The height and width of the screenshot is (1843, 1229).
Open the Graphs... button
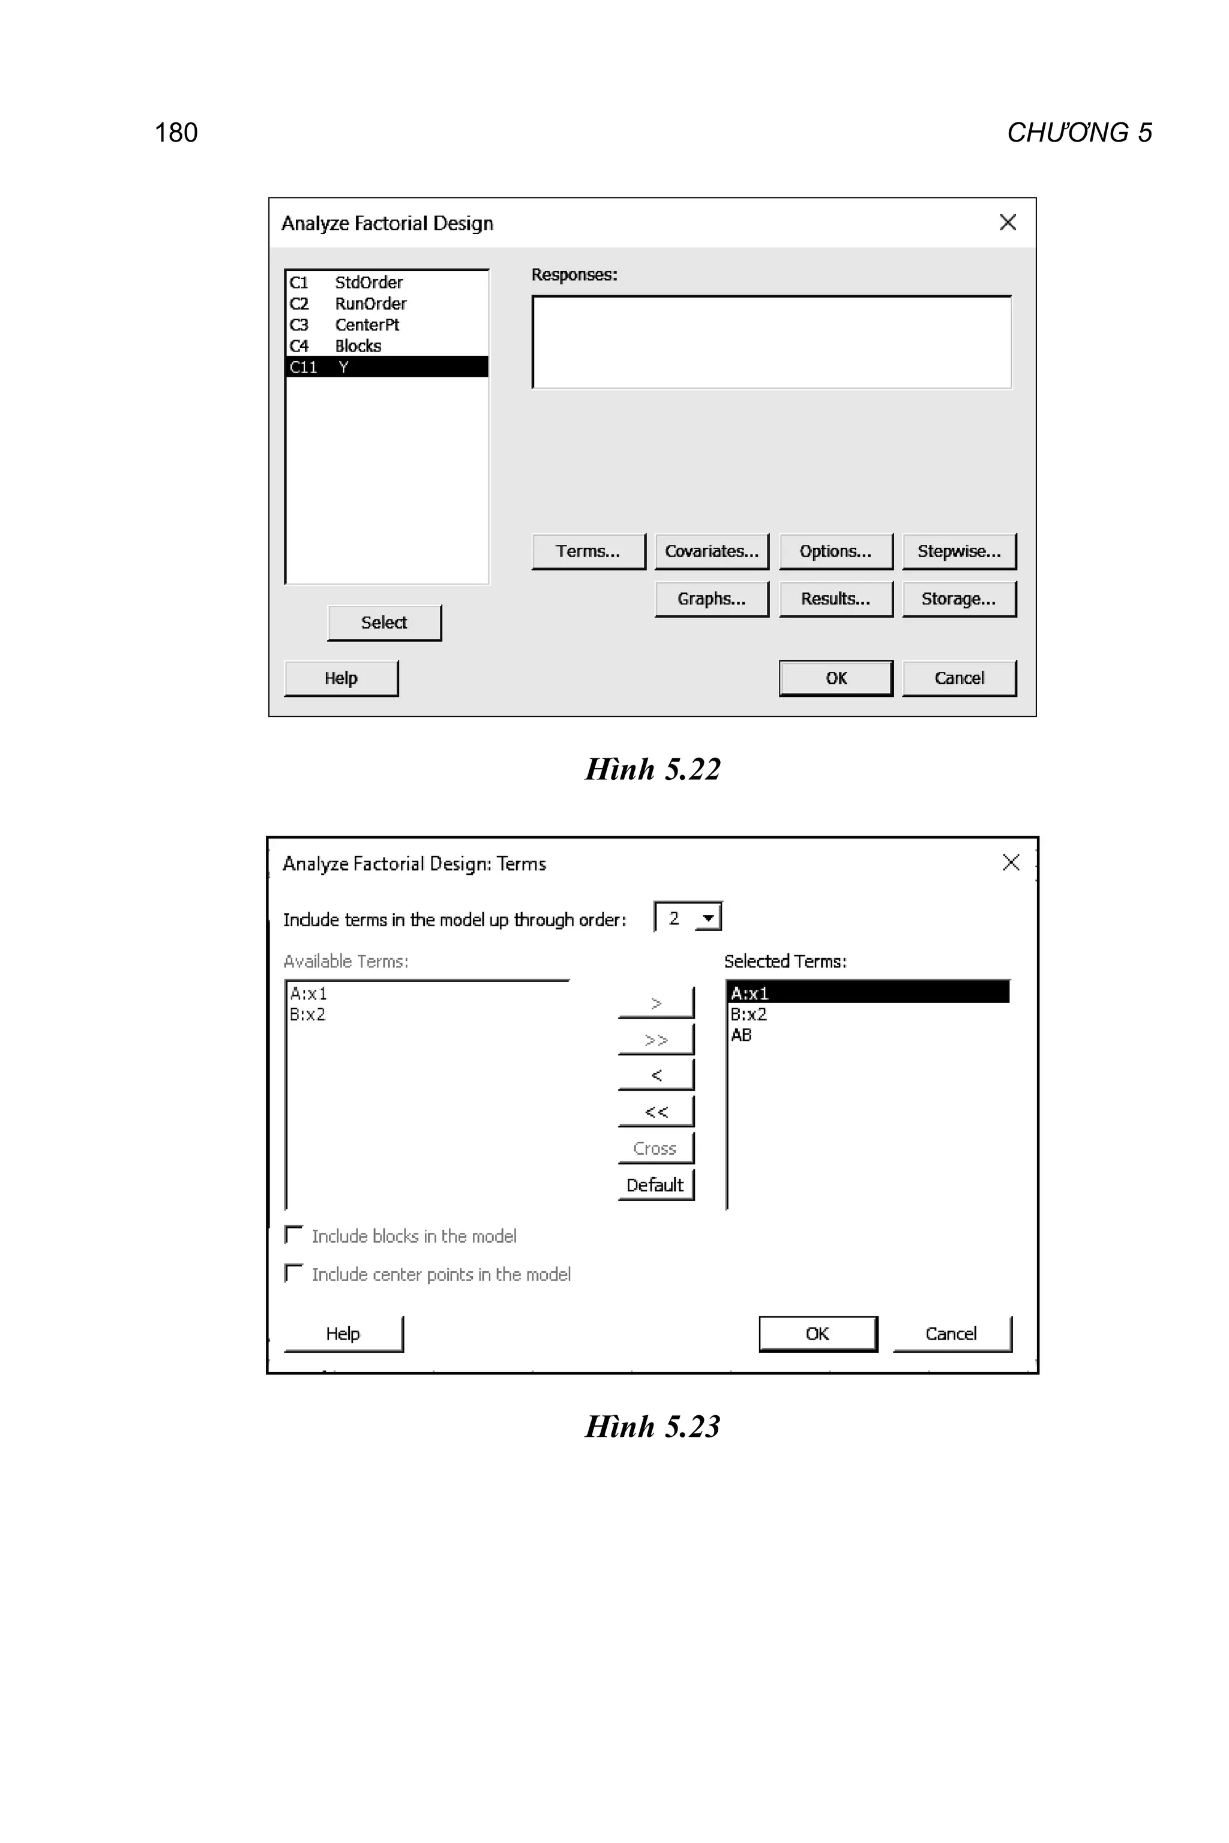click(711, 599)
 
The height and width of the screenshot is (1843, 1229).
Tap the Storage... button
click(958, 599)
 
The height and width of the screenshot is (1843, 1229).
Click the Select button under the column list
click(384, 623)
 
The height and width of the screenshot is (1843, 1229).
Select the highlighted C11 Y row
click(386, 367)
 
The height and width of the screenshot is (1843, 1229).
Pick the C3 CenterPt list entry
click(367, 325)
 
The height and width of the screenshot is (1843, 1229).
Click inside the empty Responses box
click(771, 341)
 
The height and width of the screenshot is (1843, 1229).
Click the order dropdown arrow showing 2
click(708, 917)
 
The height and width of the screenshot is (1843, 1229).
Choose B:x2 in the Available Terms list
click(307, 1014)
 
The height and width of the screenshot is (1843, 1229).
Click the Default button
click(655, 1185)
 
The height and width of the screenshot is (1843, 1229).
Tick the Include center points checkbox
click(294, 1273)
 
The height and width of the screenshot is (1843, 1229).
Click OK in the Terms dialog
click(817, 1334)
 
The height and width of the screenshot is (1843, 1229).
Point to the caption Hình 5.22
click(652, 770)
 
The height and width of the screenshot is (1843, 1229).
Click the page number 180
click(176, 133)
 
